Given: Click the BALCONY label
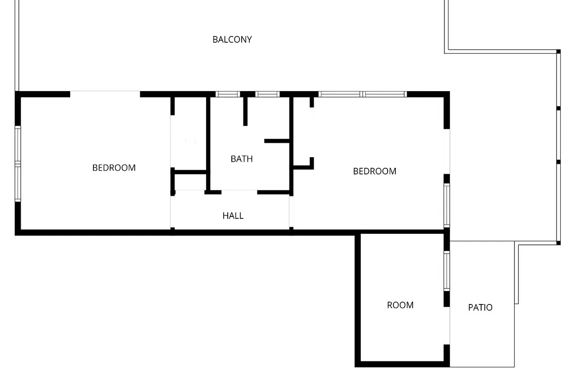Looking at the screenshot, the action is pyautogui.click(x=232, y=40).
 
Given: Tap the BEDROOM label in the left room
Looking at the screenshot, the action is pyautogui.click(x=114, y=168).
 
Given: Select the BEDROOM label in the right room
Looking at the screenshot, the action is pyautogui.click(x=375, y=172).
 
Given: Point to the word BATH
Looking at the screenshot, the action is pyautogui.click(x=242, y=159).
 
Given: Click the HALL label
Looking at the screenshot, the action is pyautogui.click(x=233, y=216).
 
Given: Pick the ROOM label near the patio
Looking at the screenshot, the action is pyautogui.click(x=400, y=305).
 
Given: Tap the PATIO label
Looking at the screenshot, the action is pyautogui.click(x=480, y=307).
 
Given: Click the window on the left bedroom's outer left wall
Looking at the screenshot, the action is pyautogui.click(x=18, y=164).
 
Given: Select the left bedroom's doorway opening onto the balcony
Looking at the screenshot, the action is pyautogui.click(x=105, y=94).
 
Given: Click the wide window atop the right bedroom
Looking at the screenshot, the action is pyautogui.click(x=363, y=94).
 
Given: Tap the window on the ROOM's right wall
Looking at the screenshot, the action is pyautogui.click(x=447, y=271).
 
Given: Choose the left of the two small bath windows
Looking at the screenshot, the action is pyautogui.click(x=228, y=94).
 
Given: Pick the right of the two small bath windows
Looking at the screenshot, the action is pyautogui.click(x=267, y=94).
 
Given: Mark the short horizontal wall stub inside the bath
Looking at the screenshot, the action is pyautogui.click(x=277, y=141).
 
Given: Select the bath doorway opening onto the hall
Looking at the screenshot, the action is pyautogui.click(x=239, y=192).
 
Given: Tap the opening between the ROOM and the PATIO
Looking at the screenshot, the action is pyautogui.click(x=447, y=326).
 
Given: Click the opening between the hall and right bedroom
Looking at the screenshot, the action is pyautogui.click(x=292, y=211).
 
